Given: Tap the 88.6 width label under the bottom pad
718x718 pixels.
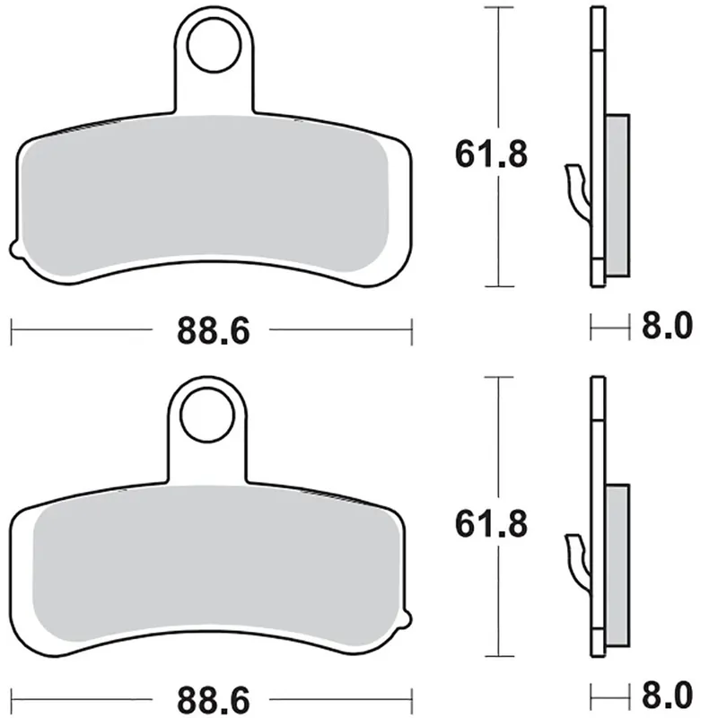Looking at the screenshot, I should [x=211, y=697].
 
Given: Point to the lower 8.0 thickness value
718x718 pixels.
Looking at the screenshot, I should [x=665, y=696].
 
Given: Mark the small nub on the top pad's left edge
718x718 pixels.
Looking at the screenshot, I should [x=13, y=246].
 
